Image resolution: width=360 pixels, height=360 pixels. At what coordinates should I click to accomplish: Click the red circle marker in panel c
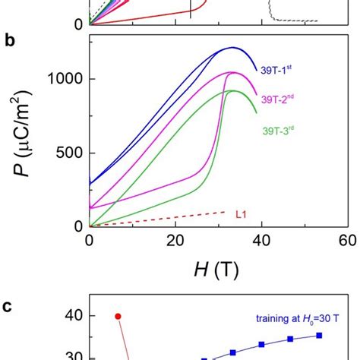118,316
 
